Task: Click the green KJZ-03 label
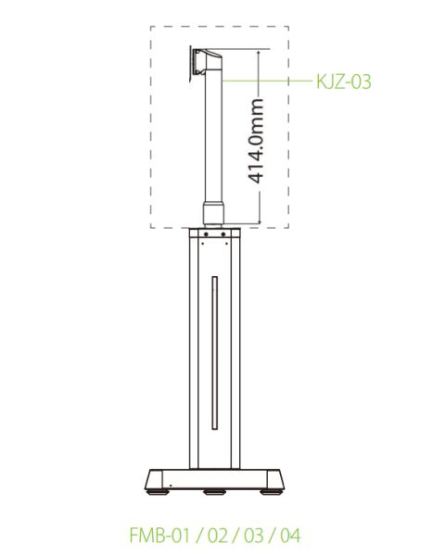click(x=343, y=82)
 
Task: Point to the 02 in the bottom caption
click(x=219, y=535)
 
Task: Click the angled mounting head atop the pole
click(x=209, y=65)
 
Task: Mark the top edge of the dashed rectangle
click(x=220, y=26)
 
